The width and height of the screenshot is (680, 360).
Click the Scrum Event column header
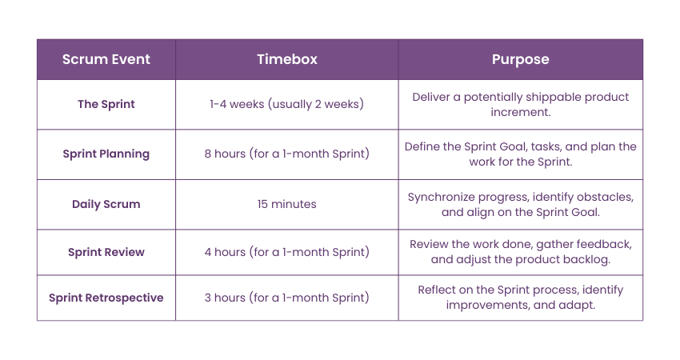click(x=106, y=59)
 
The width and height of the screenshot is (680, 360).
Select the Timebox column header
click(x=287, y=59)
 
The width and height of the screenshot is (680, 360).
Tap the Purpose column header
click(x=521, y=59)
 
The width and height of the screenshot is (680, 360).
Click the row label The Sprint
click(x=106, y=104)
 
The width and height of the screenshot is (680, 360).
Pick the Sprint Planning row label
click(x=106, y=154)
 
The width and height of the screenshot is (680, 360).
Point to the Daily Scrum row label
click(x=106, y=204)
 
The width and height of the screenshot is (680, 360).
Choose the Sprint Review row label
click(x=106, y=253)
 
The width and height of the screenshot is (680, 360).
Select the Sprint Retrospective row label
click(x=106, y=298)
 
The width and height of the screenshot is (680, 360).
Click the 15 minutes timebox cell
click(x=286, y=204)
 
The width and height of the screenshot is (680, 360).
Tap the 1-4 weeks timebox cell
click(x=286, y=104)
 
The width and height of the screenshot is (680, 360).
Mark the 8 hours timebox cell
click(x=286, y=154)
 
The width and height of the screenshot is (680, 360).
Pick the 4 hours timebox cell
click(x=286, y=252)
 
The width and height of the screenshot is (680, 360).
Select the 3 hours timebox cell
click(x=286, y=298)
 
